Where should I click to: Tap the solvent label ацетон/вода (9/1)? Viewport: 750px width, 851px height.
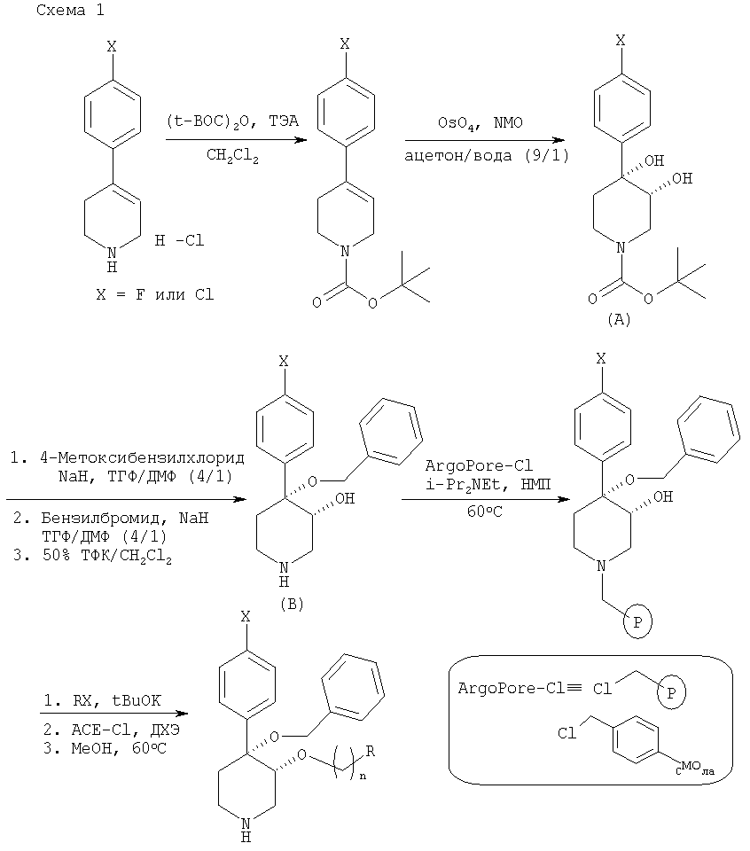pos(486,156)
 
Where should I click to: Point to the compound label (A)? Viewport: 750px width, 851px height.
pos(618,321)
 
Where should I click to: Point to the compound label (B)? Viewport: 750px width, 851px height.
pos(291,605)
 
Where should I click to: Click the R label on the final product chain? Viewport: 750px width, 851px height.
pos(395,751)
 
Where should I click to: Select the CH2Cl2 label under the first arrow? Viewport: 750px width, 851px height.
pos(232,157)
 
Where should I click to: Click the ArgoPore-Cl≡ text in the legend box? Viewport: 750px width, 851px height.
pos(515,688)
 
